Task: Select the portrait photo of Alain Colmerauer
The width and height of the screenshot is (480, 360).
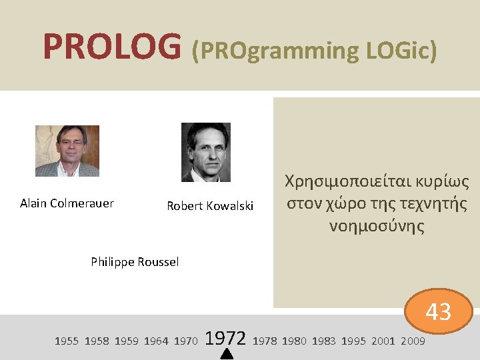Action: (x=67, y=151)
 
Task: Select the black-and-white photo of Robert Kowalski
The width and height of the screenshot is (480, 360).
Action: (x=206, y=152)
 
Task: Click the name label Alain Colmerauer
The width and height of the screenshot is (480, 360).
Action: (x=67, y=203)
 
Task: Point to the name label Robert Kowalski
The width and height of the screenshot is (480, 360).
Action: (x=210, y=206)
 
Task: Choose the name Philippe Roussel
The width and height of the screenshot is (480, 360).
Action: (x=135, y=262)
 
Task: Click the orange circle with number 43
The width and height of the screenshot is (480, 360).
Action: (x=438, y=311)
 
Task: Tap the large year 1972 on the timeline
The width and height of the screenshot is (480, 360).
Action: (x=227, y=339)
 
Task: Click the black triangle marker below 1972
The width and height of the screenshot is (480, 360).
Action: (x=227, y=355)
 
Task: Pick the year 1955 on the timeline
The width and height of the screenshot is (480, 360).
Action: (x=66, y=341)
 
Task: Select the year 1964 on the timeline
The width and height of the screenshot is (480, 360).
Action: (x=156, y=341)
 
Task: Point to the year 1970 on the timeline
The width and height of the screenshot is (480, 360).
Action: (x=185, y=341)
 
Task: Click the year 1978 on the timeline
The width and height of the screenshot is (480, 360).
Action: (x=265, y=341)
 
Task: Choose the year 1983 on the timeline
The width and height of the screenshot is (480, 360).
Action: (x=324, y=341)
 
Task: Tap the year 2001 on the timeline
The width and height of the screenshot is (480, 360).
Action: (x=383, y=341)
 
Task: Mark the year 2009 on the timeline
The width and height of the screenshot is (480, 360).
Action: (x=413, y=341)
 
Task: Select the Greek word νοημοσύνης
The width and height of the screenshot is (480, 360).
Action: (x=377, y=227)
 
